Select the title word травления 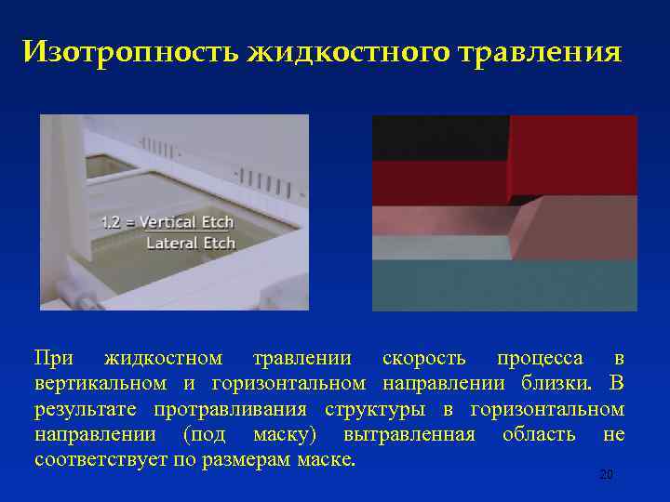541,52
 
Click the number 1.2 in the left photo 113,223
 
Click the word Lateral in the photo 169,243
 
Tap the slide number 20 606,475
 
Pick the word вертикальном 100,383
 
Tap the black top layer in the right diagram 437,138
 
